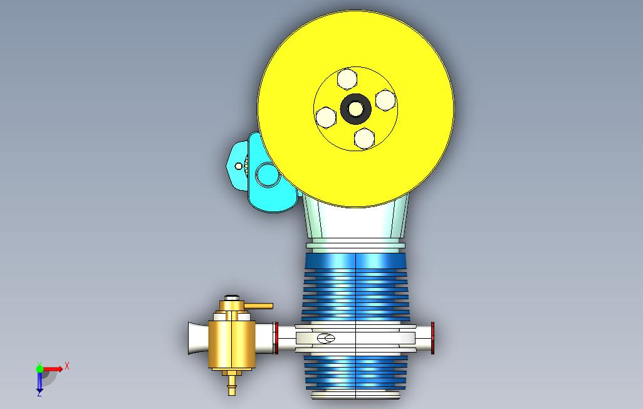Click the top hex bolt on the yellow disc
(347, 79)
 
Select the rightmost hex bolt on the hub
(385, 100)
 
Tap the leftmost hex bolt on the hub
(326, 117)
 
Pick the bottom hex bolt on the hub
(364, 139)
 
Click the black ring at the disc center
(355, 109)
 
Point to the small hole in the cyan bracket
(238, 166)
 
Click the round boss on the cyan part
(268, 174)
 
